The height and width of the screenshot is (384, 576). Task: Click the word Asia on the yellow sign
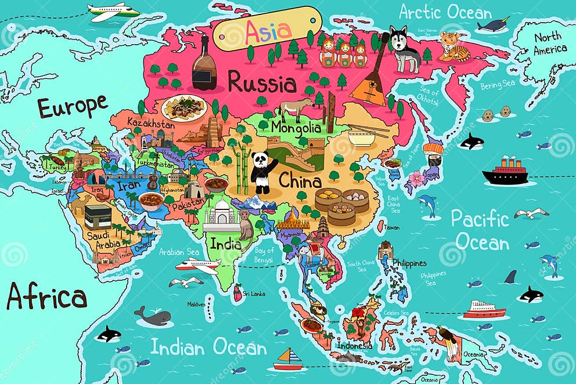click(x=267, y=31)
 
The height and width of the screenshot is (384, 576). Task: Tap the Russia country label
click(x=262, y=83)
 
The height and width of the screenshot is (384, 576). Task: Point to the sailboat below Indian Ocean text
click(x=288, y=360)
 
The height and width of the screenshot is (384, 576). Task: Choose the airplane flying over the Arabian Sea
click(x=197, y=266)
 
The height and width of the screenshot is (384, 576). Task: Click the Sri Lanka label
click(x=253, y=294)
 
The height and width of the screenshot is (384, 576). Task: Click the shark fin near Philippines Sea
click(x=510, y=277)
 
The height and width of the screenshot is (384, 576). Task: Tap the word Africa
click(x=46, y=298)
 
